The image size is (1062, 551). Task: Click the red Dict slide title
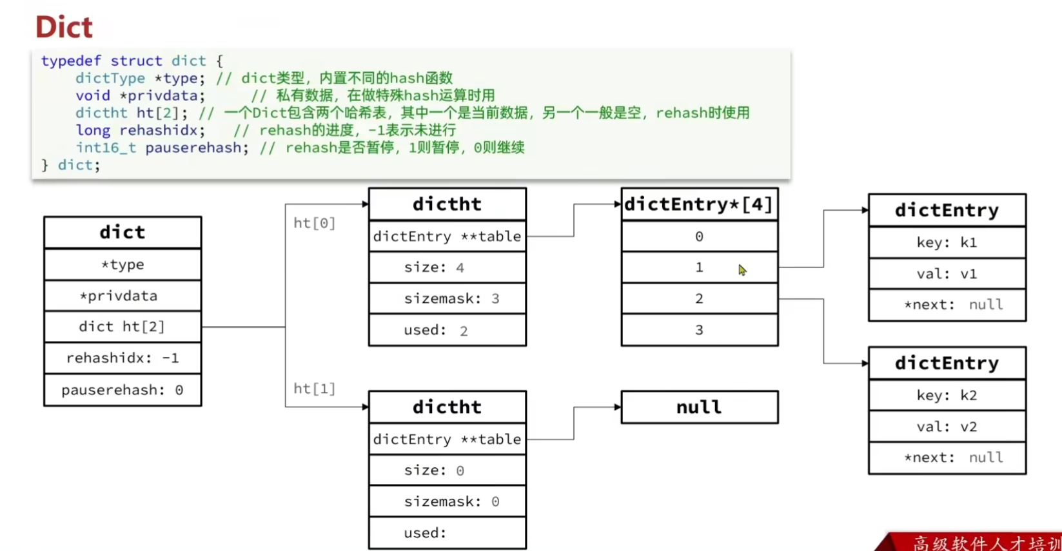[64, 26]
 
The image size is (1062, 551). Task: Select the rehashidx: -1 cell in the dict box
[123, 358]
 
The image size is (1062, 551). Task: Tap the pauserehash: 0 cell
[123, 390]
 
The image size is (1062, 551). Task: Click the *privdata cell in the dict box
[123, 296]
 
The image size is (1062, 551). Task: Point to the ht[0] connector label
[314, 223]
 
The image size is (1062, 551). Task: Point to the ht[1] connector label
[314, 389]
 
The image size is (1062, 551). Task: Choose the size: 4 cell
[447, 267]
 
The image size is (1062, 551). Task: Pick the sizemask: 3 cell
[447, 298]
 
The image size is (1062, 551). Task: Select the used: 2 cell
[447, 330]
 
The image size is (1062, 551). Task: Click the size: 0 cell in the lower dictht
[447, 470]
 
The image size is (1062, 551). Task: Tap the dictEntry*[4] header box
[700, 204]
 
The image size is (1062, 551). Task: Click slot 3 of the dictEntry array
[700, 330]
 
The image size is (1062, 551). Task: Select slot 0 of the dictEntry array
[700, 237]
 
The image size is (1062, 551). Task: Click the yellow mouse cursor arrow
[742, 269]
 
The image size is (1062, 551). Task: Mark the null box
[700, 407]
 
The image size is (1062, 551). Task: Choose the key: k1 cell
[947, 242]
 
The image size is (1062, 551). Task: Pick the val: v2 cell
[947, 427]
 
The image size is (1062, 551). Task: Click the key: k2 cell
[947, 395]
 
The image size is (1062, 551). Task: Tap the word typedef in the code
[71, 61]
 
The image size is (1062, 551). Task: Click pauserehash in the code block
[193, 148]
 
